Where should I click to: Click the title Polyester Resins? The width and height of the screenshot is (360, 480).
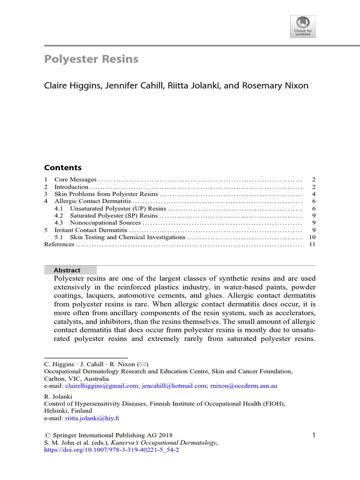click(x=91, y=59)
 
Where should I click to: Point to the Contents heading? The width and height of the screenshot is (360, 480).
click(x=63, y=167)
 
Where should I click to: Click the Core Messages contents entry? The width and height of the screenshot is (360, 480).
click(x=75, y=180)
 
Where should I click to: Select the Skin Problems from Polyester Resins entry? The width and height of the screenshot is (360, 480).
click(x=106, y=194)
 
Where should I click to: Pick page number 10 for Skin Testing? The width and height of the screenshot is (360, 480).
click(x=312, y=237)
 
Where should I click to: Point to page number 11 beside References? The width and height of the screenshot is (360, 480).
click(x=312, y=244)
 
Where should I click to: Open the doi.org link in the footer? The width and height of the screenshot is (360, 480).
click(x=112, y=450)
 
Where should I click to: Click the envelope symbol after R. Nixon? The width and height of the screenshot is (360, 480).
click(x=141, y=364)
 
